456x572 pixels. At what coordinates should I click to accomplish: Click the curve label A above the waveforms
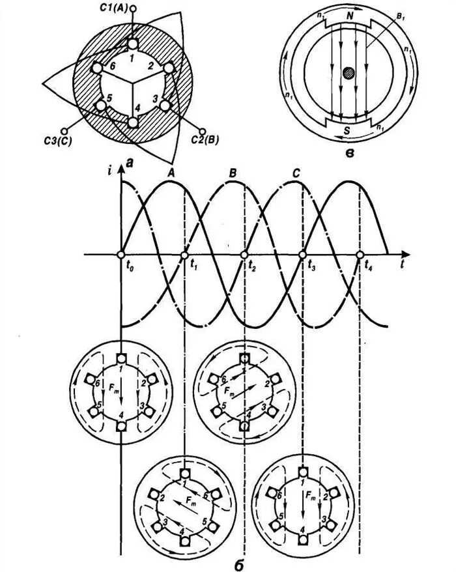tap(171, 173)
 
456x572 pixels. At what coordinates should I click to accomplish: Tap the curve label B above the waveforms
tap(233, 173)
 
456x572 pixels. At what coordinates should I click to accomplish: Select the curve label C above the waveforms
tap(296, 173)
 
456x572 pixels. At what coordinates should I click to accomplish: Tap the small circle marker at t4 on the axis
tap(360, 254)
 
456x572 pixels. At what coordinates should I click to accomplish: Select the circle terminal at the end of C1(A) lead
tap(133, 8)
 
